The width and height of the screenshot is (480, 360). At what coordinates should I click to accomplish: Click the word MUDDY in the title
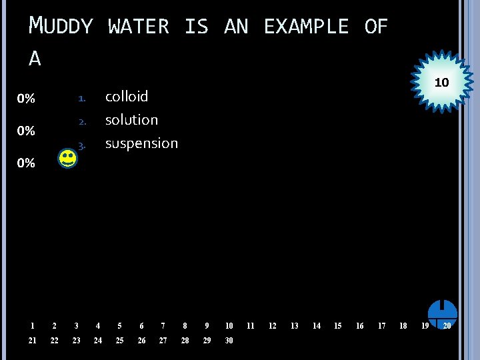[61, 27]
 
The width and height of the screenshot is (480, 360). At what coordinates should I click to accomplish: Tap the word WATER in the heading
[139, 27]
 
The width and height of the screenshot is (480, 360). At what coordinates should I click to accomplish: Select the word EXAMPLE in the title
[306, 27]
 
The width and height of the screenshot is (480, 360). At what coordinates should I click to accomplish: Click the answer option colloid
[127, 97]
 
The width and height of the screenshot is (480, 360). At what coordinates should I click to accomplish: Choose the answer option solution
[131, 120]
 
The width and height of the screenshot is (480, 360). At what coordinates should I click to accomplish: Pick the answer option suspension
[141, 143]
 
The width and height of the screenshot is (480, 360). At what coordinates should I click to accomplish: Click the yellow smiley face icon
[67, 159]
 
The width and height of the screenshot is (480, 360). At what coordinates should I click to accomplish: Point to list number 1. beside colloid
[81, 99]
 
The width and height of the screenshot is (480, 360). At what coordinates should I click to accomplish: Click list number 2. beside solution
[81, 122]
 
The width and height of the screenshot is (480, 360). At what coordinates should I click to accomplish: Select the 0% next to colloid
[26, 99]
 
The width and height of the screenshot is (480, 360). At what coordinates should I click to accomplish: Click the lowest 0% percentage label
[26, 163]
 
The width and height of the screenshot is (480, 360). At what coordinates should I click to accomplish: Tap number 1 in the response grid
[32, 326]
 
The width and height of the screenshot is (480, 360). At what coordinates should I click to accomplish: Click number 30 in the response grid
[229, 341]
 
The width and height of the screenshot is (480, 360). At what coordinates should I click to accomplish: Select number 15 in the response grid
[337, 326]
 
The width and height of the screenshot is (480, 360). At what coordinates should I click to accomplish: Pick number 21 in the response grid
[33, 341]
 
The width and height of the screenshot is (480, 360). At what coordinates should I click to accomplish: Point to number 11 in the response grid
[251, 326]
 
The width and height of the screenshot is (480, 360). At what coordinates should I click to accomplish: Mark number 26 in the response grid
[141, 341]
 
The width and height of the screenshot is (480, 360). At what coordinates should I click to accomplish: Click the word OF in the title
[376, 27]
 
